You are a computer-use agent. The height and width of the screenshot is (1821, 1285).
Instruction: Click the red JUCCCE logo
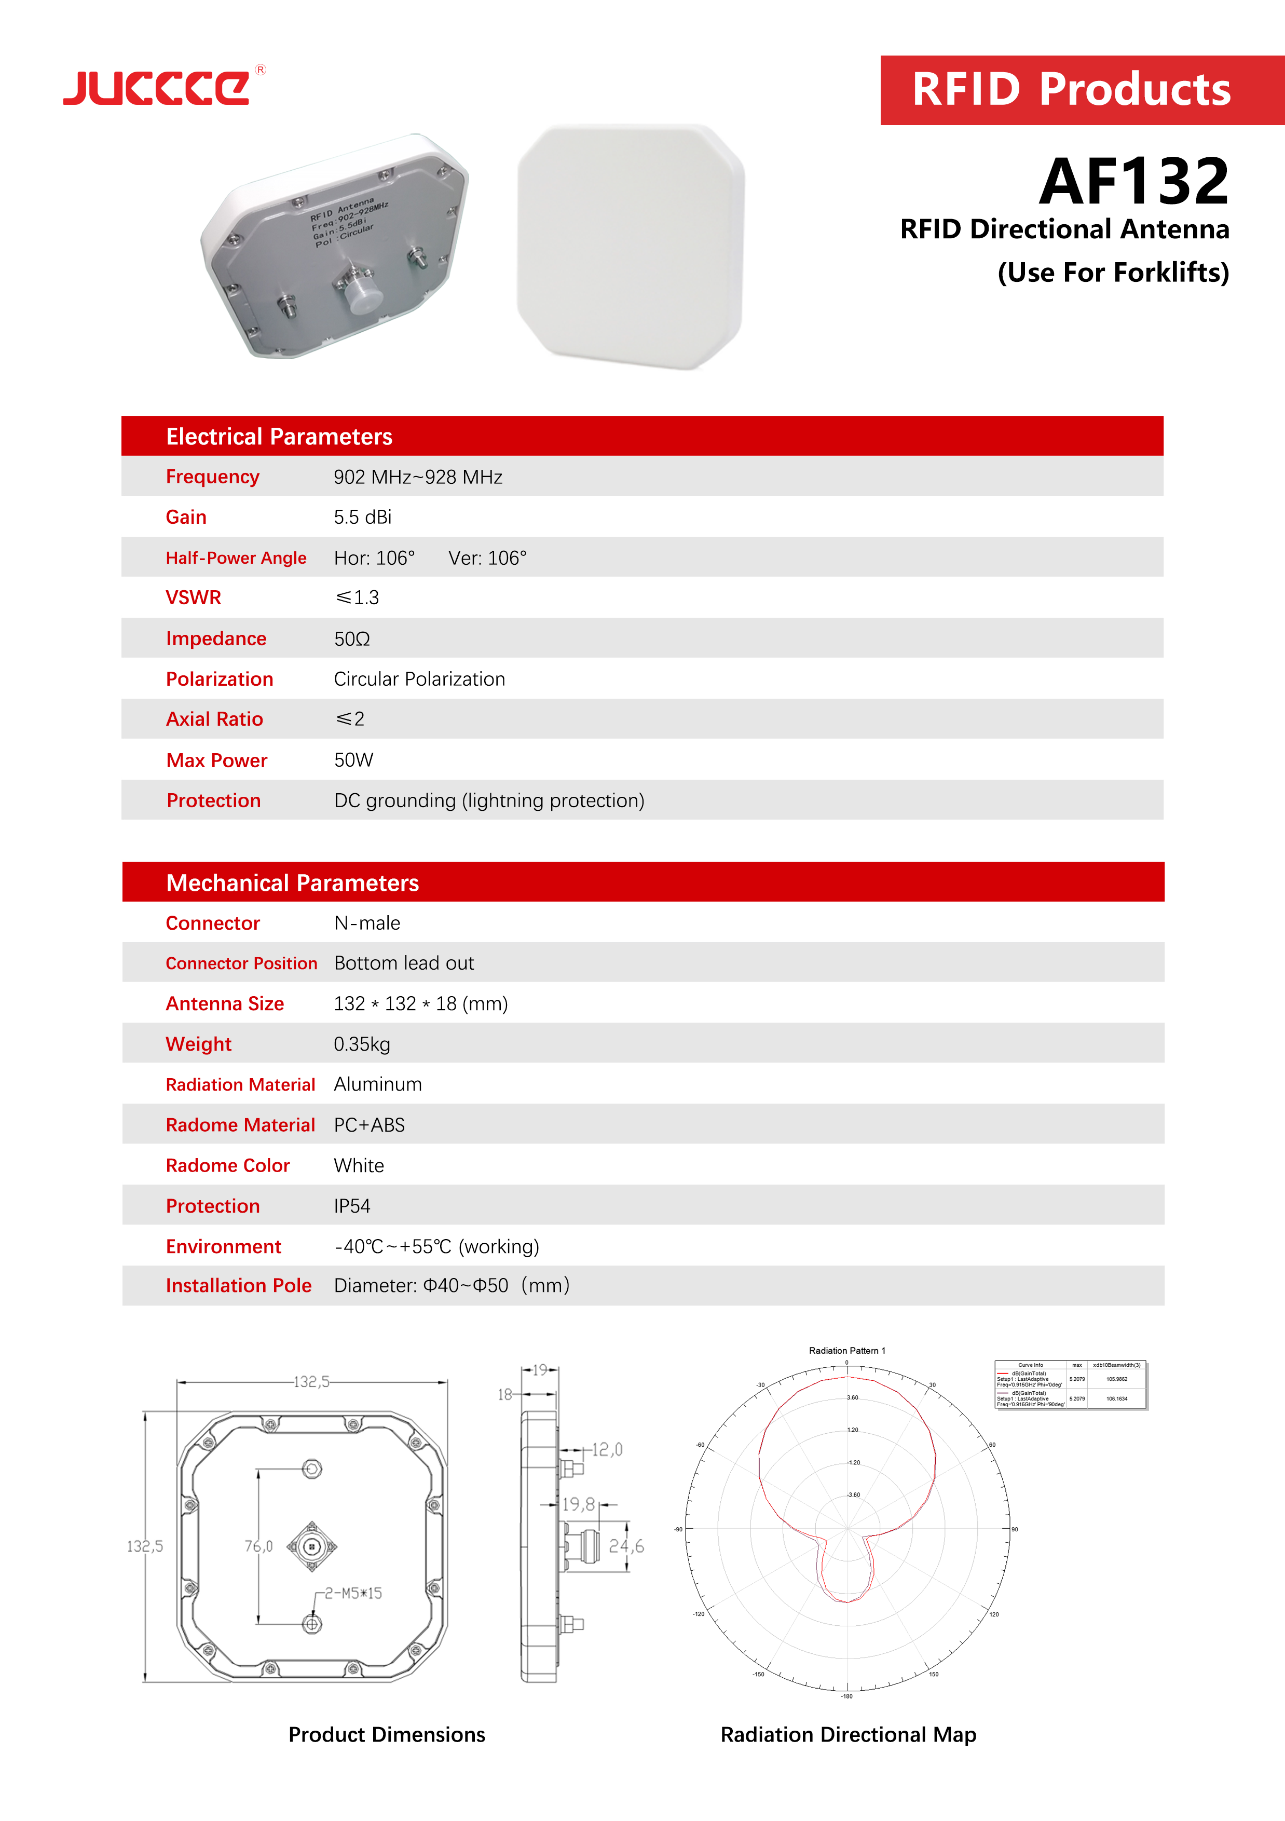tap(157, 87)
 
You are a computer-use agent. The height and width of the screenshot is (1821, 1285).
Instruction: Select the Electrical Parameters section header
tap(279, 436)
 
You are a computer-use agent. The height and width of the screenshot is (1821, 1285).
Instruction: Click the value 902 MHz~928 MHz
tap(418, 477)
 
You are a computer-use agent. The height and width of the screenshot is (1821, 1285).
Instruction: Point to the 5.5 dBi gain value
tap(362, 517)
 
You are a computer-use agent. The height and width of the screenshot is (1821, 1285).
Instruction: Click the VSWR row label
tap(194, 597)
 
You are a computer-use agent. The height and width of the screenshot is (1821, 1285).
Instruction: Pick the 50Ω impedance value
tap(352, 638)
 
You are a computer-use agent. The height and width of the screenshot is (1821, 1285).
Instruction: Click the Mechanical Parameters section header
tap(293, 883)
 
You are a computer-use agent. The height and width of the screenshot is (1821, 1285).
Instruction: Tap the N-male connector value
tap(367, 923)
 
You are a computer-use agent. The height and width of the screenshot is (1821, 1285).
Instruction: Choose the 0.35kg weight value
tap(362, 1044)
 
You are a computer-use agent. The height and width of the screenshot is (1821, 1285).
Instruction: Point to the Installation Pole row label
tap(239, 1286)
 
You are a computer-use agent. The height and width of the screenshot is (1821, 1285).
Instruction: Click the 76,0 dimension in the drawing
tap(258, 1546)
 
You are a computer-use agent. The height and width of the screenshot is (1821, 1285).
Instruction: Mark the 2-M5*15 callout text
tap(353, 1594)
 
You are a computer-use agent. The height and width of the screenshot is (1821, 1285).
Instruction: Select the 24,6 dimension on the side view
tap(626, 1546)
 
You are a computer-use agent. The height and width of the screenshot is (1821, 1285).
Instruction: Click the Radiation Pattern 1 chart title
tap(846, 1351)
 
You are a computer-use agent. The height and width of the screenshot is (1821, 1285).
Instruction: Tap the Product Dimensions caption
tap(387, 1734)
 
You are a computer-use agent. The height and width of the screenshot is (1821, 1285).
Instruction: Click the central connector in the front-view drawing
tap(311, 1546)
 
